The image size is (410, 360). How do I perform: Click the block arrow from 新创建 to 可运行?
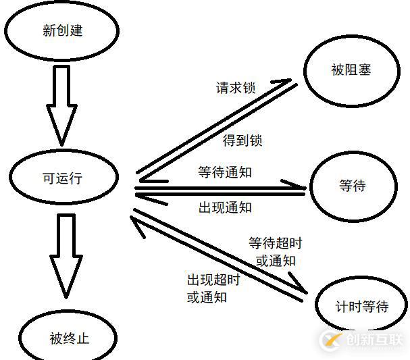click(x=61, y=105)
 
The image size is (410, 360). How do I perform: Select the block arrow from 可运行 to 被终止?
click(x=66, y=256)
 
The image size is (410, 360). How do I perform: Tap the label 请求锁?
click(x=236, y=88)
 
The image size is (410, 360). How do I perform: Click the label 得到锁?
click(x=242, y=140)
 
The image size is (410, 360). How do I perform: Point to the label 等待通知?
click(x=225, y=172)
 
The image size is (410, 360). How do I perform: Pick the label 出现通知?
click(x=225, y=207)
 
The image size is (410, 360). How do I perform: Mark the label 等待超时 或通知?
click(x=276, y=252)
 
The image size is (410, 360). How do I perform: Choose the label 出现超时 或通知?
click(x=213, y=288)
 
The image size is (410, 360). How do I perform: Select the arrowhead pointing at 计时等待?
click(x=299, y=284)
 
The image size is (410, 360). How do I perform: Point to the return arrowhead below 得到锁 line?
click(x=153, y=180)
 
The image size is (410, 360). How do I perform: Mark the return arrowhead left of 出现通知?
click(x=151, y=199)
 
